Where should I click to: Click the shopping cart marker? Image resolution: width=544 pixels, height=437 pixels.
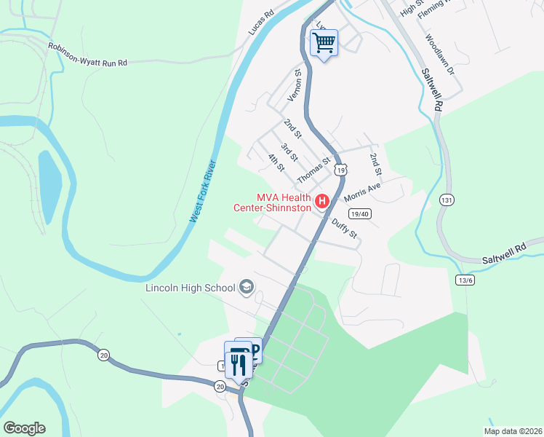(324, 43)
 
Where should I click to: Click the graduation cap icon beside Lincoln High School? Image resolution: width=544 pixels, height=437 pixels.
(247, 288)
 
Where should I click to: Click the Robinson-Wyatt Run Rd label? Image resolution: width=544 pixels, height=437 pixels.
(87, 55)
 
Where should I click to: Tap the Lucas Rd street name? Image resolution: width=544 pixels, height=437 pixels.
(260, 23)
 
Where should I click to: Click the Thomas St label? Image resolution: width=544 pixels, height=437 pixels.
(313, 170)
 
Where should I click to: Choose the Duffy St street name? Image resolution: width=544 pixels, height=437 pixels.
(345, 229)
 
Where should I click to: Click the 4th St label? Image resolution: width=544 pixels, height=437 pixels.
(275, 162)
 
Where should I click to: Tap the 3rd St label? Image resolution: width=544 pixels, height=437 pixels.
(289, 153)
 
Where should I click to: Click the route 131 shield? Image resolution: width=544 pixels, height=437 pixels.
(447, 200)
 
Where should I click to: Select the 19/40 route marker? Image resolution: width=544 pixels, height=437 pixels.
(360, 214)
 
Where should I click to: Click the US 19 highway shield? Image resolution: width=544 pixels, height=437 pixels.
(340, 170)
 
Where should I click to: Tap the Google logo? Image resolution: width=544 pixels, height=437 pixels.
(24, 428)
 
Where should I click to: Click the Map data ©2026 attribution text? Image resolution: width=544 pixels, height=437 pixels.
(512, 431)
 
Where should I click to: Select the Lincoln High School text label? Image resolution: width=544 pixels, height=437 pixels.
(191, 288)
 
